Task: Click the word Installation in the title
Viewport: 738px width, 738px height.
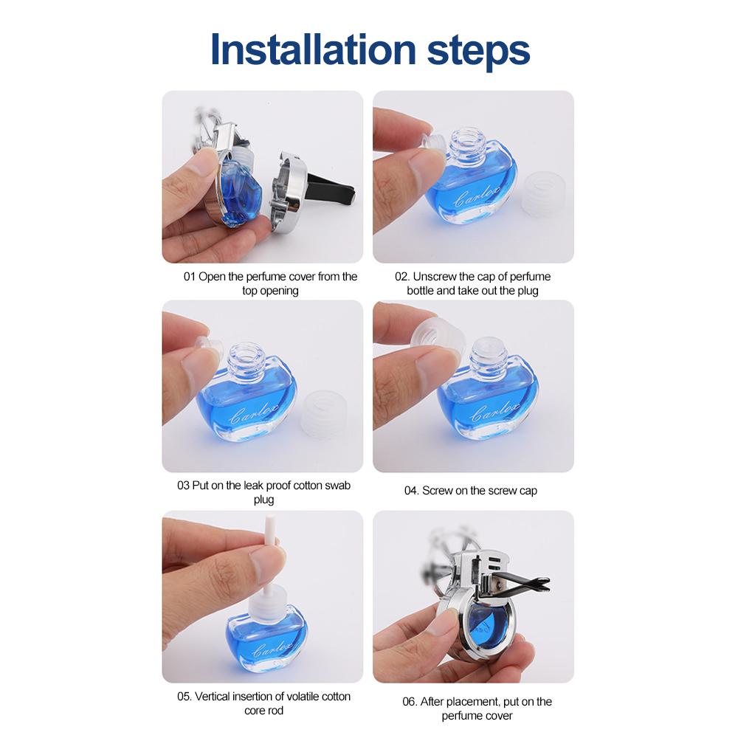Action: [313, 49]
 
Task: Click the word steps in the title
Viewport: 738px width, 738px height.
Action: [478, 52]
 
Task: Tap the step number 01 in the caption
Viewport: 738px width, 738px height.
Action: [189, 276]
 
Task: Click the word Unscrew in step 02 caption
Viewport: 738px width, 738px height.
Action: [435, 276]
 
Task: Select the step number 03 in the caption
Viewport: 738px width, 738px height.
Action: [183, 486]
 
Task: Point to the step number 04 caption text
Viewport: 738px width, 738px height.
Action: [471, 491]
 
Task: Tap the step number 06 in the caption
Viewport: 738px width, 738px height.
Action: [410, 701]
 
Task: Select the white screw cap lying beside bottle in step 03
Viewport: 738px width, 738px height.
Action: [324, 412]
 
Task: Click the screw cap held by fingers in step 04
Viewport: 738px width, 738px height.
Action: [436, 337]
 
